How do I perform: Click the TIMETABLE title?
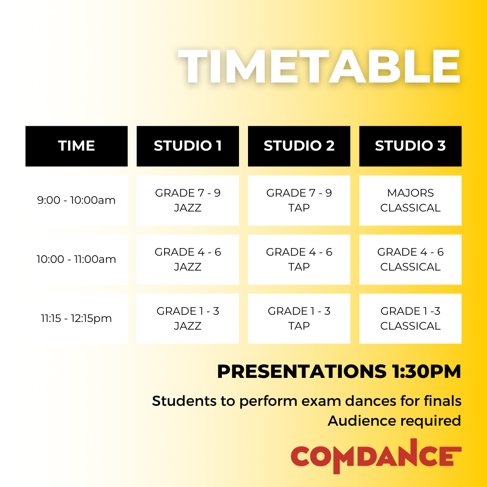coord(319,66)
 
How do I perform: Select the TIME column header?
coord(77,146)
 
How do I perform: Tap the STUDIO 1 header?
coord(188,146)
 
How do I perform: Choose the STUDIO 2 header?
coord(299,146)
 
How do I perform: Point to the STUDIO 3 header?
coord(410,146)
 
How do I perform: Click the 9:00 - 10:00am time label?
coord(77,200)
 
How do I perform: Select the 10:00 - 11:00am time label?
coord(77,259)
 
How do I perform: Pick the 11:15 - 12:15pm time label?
coord(77,318)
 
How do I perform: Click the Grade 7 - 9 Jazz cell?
coord(188,200)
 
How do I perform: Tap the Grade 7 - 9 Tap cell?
coord(299,200)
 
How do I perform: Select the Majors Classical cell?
coord(410,200)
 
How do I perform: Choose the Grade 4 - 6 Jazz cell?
coord(188,259)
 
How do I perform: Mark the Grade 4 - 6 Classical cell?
coord(410,259)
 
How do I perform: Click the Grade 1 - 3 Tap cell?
coord(299,318)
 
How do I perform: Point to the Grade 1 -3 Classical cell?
coord(410,318)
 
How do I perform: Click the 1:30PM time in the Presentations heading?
coord(424,372)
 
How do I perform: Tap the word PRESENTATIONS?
coord(299,372)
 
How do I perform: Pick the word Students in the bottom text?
coord(179,401)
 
